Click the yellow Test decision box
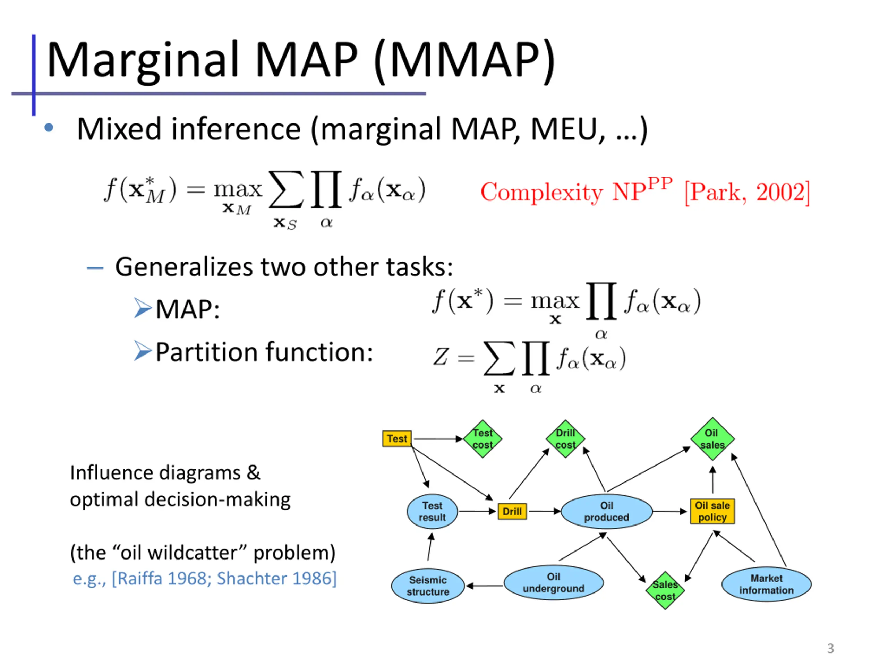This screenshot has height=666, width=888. tap(396, 439)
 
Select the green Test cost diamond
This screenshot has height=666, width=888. tap(483, 439)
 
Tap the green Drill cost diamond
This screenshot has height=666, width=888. tap(565, 439)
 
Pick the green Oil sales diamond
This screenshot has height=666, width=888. tap(712, 439)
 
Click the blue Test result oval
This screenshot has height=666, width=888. tap(432, 511)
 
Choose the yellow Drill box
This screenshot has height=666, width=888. tap(512, 511)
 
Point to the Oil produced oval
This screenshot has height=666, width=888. tap(607, 511)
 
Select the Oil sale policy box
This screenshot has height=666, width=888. tap(712, 511)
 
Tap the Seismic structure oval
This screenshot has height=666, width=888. tap(428, 586)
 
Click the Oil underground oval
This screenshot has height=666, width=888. tap(554, 582)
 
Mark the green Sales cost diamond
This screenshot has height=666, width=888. tap(665, 590)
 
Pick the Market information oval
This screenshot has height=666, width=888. tap(766, 584)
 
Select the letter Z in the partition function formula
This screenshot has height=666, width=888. tap(441, 357)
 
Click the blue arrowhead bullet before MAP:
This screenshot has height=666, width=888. tap(143, 308)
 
